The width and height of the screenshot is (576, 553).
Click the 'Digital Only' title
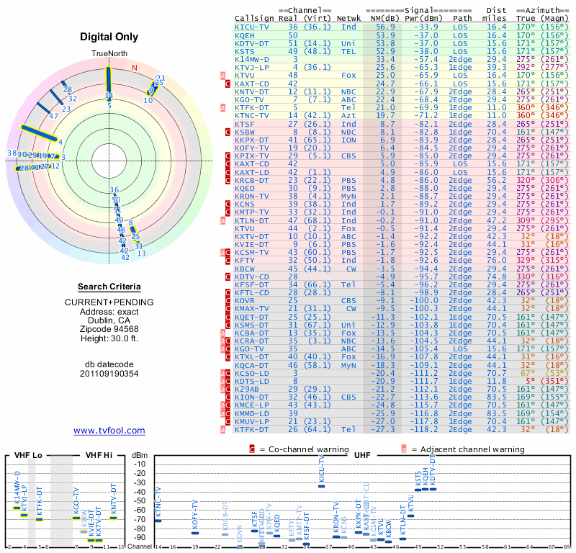coord(109,37)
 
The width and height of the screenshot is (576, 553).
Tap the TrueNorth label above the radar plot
coord(109,55)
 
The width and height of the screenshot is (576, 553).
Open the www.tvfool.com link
coord(109,431)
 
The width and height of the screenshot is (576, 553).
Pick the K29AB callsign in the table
coord(249,389)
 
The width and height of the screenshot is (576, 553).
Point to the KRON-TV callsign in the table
coord(255,196)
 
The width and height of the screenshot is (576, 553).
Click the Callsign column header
coord(255,18)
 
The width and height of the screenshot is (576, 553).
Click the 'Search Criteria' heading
coord(109,287)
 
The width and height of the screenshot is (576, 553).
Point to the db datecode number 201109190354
coord(109,374)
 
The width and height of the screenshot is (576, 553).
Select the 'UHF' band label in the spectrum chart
coord(363,455)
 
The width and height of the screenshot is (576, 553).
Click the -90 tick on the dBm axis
coord(140,537)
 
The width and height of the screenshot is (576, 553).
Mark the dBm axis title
coord(140,455)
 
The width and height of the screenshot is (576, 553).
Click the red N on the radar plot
coord(134,68)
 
